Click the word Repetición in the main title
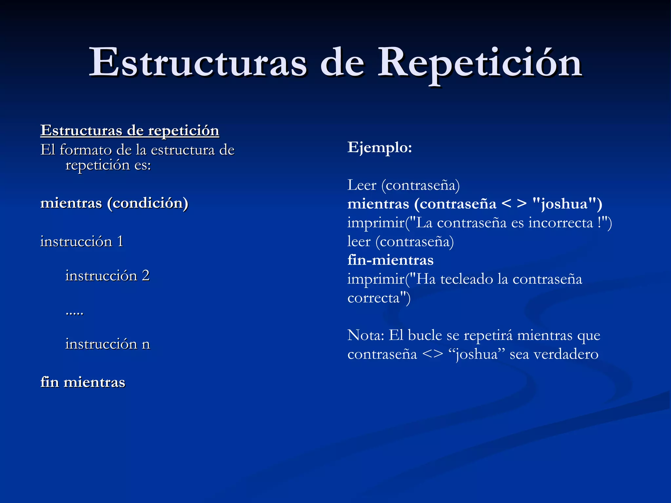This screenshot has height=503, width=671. tap(480, 63)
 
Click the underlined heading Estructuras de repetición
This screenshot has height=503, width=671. tap(130, 131)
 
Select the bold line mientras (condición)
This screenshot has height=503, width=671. tap(114, 203)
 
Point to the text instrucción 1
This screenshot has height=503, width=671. tap(82, 242)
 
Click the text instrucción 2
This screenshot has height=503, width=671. tap(107, 276)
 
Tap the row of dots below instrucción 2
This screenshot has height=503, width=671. tap(74, 313)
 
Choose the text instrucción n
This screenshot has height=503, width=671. tap(107, 344)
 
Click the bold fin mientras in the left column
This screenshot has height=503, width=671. tap(83, 382)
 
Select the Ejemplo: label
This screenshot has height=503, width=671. tap(379, 147)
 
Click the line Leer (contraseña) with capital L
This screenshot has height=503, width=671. tap(403, 185)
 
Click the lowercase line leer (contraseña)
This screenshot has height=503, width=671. tap(400, 242)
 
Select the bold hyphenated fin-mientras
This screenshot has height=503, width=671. tap(390, 260)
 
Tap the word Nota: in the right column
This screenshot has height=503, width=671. tap(366, 335)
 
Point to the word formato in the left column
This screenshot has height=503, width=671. tap(86, 150)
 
